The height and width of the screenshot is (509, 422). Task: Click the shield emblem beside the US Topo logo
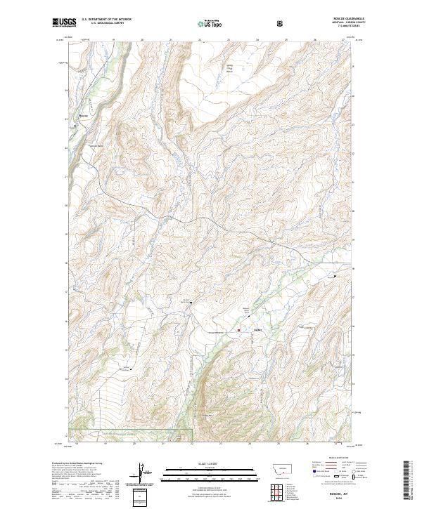[281, 23]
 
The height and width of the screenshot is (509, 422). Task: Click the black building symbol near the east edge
[335, 276]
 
